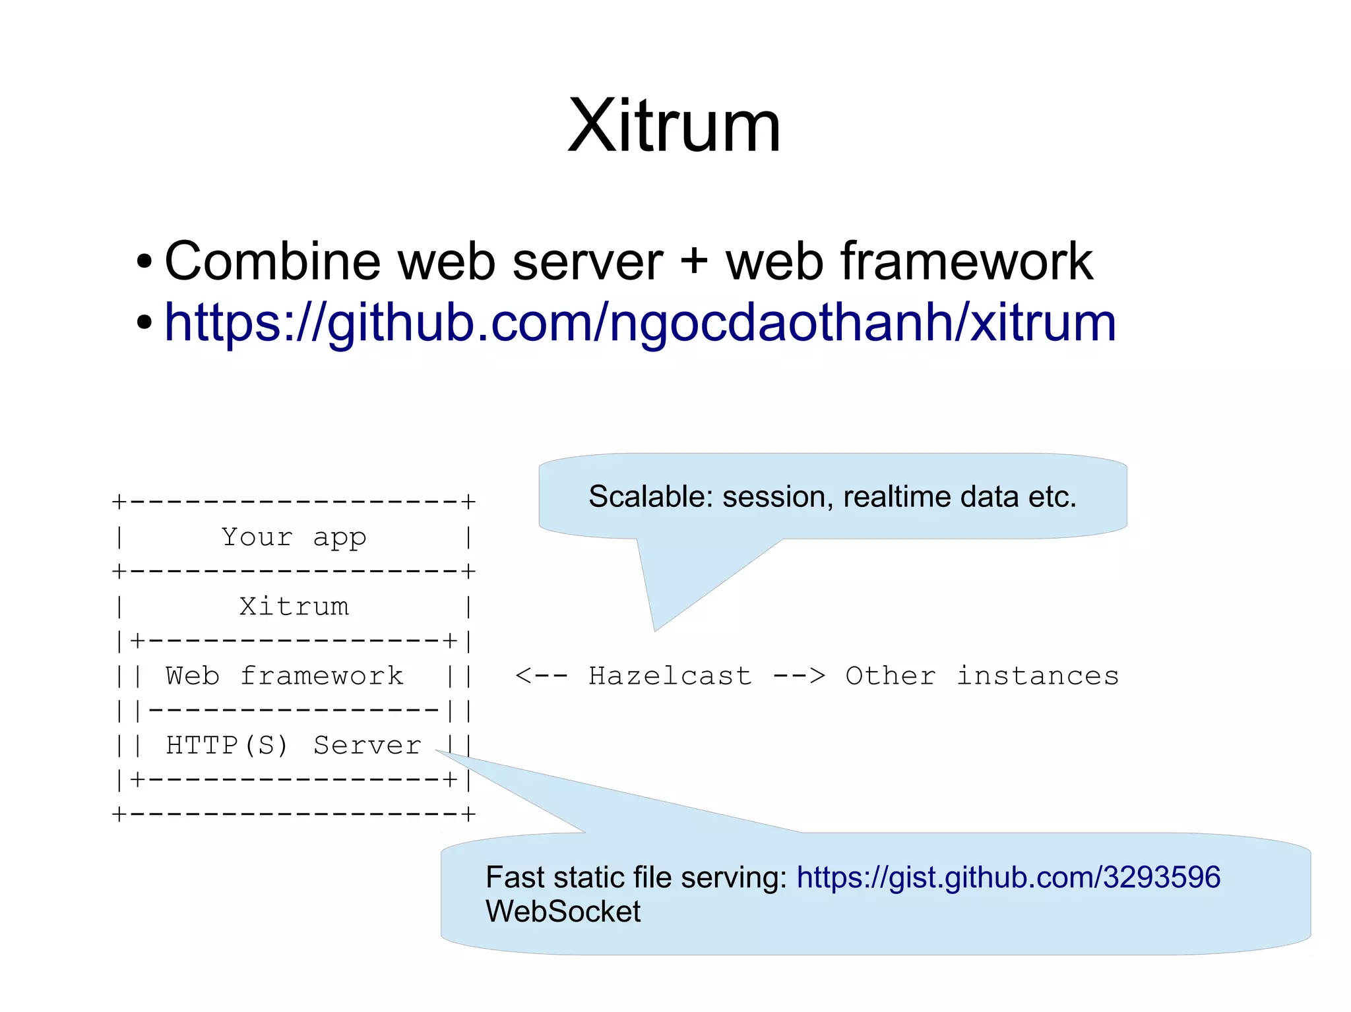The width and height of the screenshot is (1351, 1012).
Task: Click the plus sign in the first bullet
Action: pyautogui.click(x=694, y=261)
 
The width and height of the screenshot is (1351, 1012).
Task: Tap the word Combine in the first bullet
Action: pyautogui.click(x=272, y=261)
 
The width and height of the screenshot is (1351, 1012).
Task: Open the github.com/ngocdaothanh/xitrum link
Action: pyautogui.click(x=640, y=322)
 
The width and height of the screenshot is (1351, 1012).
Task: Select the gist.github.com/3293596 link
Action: pyautogui.click(x=1008, y=878)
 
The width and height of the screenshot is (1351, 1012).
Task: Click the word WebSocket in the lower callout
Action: pyautogui.click(x=563, y=912)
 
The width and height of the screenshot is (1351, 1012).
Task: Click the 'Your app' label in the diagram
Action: pyautogui.click(x=294, y=537)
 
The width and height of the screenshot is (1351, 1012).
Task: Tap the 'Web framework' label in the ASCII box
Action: pyautogui.click(x=284, y=676)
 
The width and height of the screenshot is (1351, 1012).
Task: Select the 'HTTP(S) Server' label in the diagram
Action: pyautogui.click(x=294, y=745)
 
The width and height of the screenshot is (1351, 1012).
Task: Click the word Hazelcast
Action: pyautogui.click(x=670, y=676)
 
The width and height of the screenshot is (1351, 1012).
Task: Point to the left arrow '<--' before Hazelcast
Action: pyautogui.click(x=541, y=676)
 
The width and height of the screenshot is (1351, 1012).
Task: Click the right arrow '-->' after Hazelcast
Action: pyautogui.click(x=799, y=676)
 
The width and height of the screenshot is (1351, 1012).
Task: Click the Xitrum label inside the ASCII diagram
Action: pyautogui.click(x=294, y=607)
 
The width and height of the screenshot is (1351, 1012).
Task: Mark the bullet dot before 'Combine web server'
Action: pyautogui.click(x=144, y=262)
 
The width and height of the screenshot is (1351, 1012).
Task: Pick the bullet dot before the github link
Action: pyautogui.click(x=144, y=323)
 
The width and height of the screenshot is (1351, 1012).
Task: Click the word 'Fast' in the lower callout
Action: pyautogui.click(x=515, y=878)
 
